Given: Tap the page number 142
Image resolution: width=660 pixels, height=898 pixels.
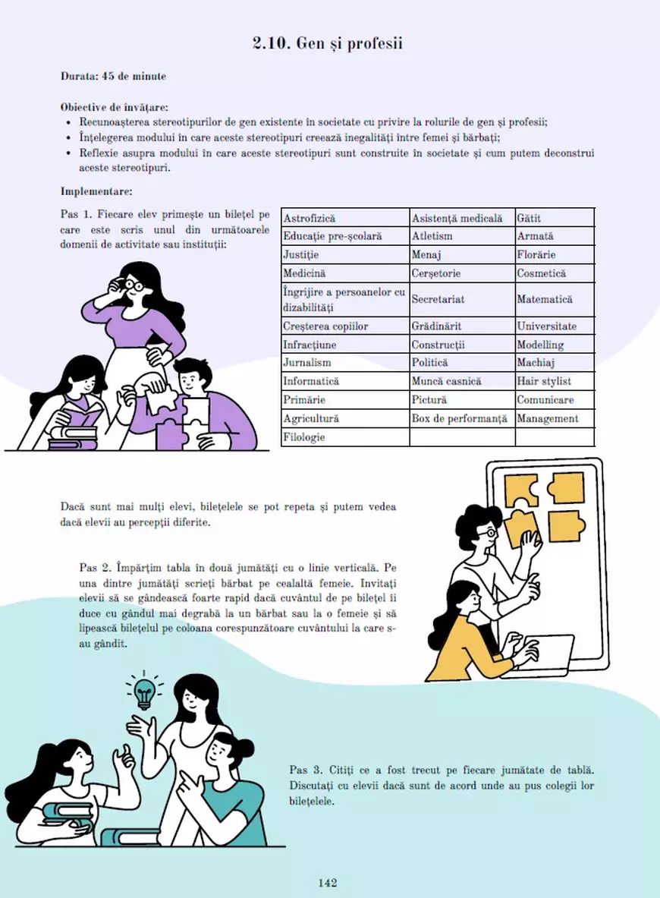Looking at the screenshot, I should [328, 882].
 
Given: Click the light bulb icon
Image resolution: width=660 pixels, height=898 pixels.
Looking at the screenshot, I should [144, 691].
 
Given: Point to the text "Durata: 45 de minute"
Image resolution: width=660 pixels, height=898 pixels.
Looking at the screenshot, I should [113, 76].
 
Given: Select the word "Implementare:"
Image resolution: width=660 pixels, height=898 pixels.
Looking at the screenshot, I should [96, 191].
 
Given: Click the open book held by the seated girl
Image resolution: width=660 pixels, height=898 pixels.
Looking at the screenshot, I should [81, 416].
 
